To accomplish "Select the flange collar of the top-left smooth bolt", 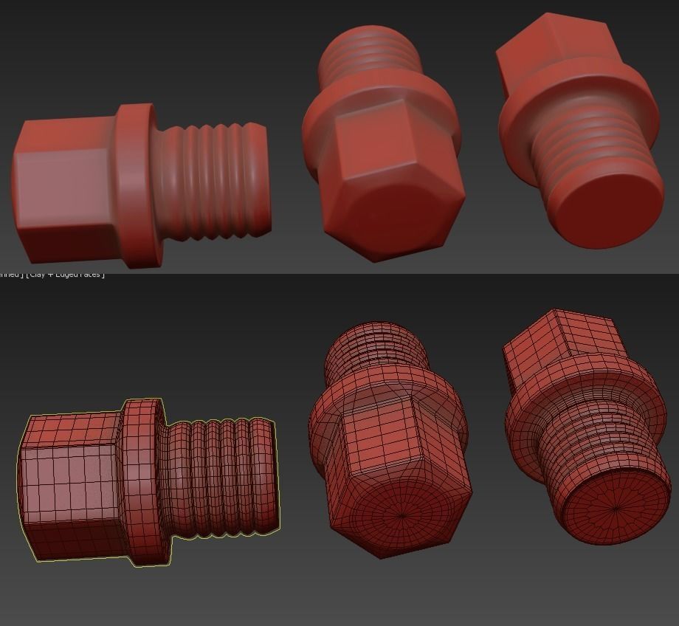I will pos(135,185).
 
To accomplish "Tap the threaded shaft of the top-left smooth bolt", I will pos(214,181).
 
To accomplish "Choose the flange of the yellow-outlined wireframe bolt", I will pos(142,480).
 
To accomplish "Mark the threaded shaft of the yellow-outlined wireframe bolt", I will pos(221,476).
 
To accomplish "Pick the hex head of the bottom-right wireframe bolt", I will pos(561,347).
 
